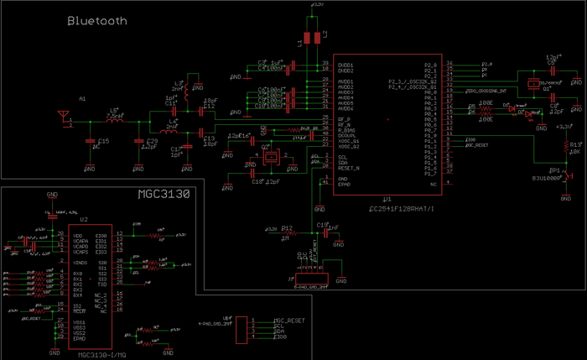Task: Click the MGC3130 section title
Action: point(164,195)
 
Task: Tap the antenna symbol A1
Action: point(61,114)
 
